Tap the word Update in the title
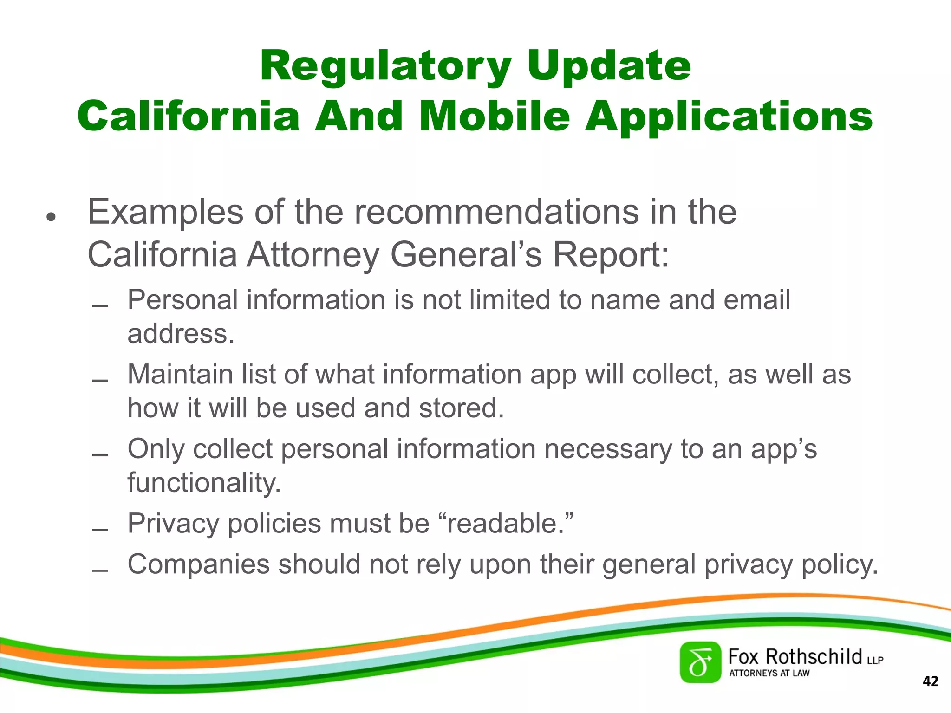tap(609, 66)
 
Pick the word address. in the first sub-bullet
tap(181, 333)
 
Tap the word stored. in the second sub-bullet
tap(462, 408)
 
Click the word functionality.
tap(204, 483)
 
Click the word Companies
tap(199, 564)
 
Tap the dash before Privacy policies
tap(100, 529)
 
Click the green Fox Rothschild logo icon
tap(700, 662)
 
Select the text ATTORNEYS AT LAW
tap(769, 673)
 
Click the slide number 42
tap(931, 681)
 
